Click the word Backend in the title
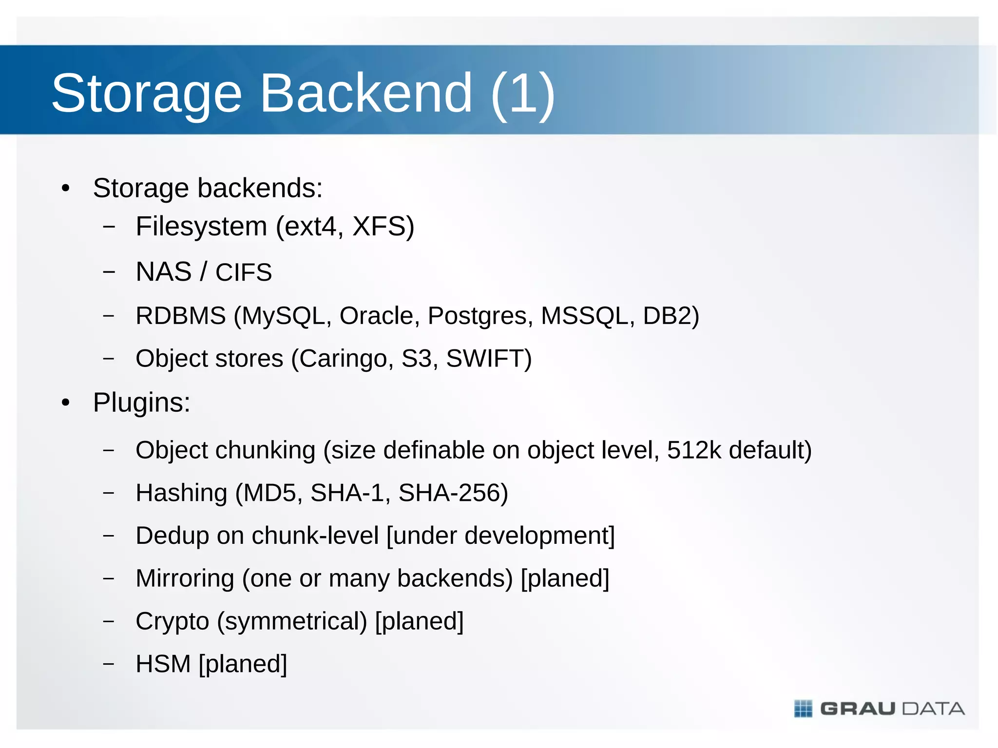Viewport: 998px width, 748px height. click(x=366, y=93)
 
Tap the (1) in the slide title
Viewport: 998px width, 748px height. click(x=523, y=93)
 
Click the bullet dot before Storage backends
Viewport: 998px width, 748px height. click(x=66, y=189)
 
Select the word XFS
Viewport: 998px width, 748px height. click(x=383, y=227)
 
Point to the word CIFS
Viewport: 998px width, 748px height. click(x=244, y=272)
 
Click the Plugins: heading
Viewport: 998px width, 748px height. click(x=141, y=403)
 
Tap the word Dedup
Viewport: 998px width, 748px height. click(x=173, y=536)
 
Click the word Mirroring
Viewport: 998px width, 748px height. click(x=185, y=578)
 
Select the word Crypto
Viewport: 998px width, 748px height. click(x=173, y=621)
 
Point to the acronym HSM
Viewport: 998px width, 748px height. click(x=163, y=664)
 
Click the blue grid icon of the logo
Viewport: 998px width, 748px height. click(x=803, y=709)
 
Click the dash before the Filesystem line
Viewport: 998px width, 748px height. click(x=109, y=227)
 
